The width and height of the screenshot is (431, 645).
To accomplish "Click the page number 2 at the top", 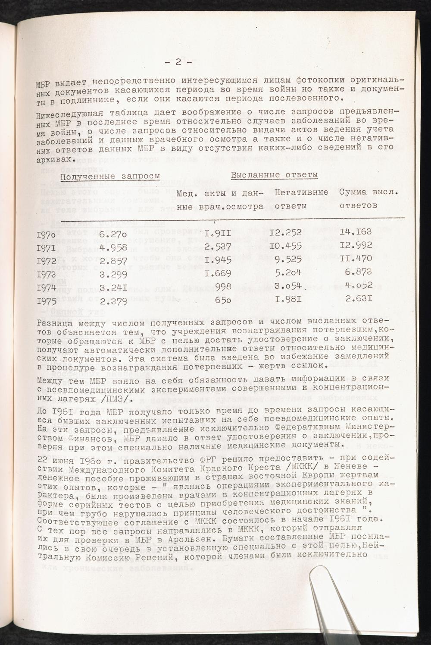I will tap(178, 62).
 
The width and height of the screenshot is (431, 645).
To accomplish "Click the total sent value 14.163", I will tap(356, 232).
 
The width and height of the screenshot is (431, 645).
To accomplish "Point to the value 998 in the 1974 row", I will tap(223, 287).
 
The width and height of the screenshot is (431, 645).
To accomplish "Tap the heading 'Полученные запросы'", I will tap(110, 176).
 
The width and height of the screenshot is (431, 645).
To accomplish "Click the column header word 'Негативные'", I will tap(301, 191).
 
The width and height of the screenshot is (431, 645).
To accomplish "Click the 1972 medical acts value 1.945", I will tap(218, 260).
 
